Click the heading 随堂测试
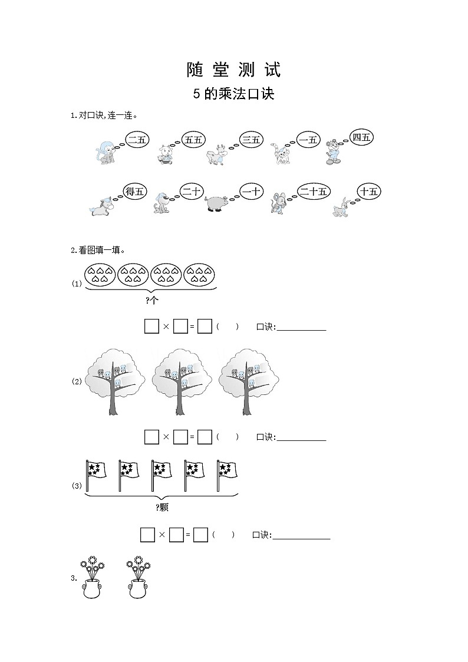tap(234, 70)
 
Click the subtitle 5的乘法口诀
tap(234, 94)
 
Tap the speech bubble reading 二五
tap(137, 140)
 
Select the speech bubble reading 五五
tap(193, 140)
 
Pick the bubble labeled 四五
tap(362, 137)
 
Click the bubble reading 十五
tap(369, 192)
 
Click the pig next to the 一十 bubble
tap(216, 203)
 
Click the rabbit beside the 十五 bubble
tap(341, 207)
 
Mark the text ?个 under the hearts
tap(152, 301)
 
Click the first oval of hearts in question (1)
tap(100, 275)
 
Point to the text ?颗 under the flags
tap(162, 508)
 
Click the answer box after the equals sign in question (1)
tap(205, 327)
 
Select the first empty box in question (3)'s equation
tap(148, 535)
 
